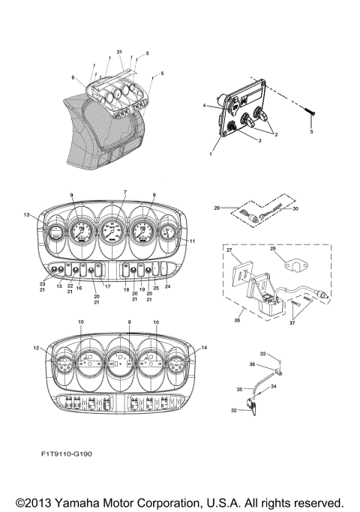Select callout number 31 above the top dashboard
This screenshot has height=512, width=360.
tap(119, 51)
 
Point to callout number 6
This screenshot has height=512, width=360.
tap(73, 77)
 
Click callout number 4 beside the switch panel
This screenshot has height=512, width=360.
tap(203, 106)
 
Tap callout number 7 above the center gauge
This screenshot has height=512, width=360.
tap(124, 193)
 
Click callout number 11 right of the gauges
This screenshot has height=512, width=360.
tap(192, 241)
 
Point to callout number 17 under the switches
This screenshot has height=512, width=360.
tap(106, 286)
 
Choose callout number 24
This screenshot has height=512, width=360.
tap(167, 286)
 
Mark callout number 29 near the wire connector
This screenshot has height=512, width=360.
tap(217, 207)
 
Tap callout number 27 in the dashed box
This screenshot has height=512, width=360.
tap(229, 249)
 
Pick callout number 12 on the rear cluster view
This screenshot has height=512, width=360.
tap(36, 347)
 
